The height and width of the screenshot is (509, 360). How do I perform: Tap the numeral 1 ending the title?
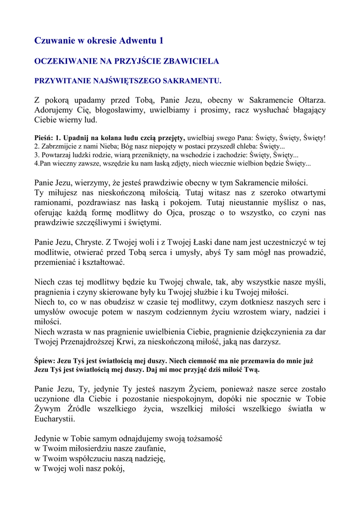pyautogui.click(x=161, y=40)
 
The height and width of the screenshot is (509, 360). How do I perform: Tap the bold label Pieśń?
pyautogui.click(x=44, y=138)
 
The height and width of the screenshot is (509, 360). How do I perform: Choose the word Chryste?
pyautogui.click(x=89, y=242)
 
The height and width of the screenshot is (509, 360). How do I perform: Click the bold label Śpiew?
pyautogui.click(x=45, y=360)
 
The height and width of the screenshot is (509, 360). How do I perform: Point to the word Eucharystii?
pyautogui.click(x=55, y=419)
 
